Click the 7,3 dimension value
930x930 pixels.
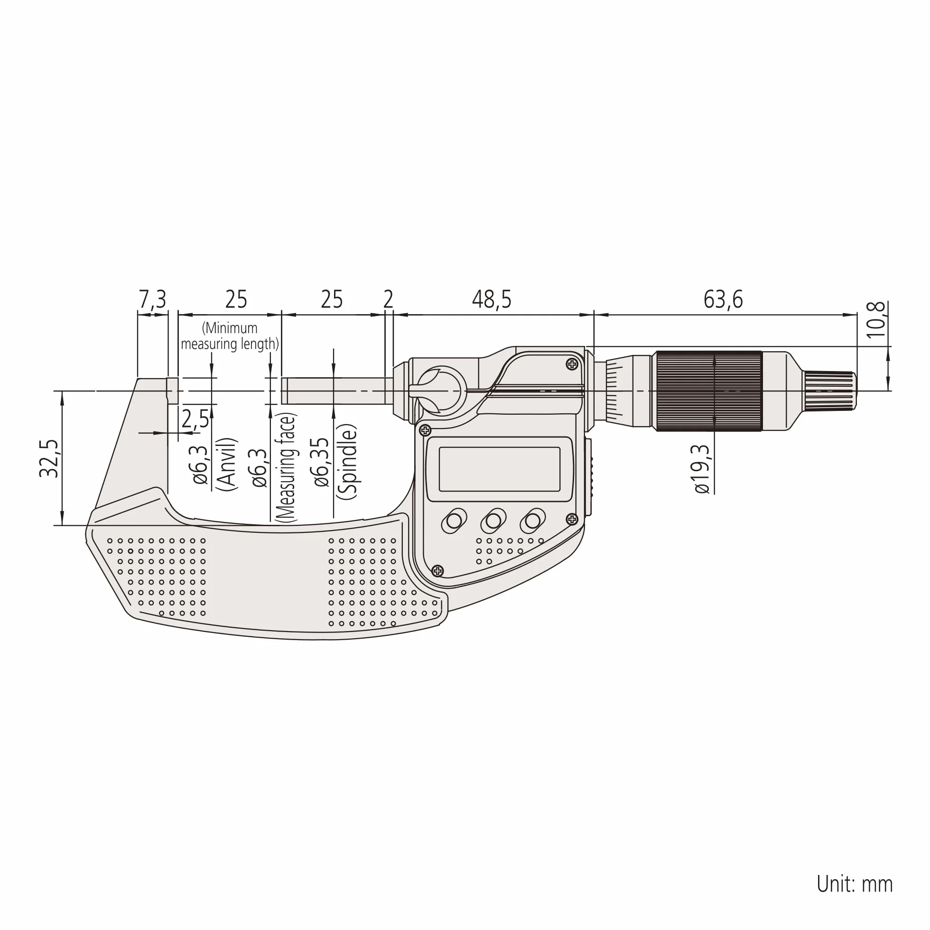(x=152, y=299)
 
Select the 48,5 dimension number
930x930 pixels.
(x=492, y=299)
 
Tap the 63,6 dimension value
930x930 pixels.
(x=723, y=299)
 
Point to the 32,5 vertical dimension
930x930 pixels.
(x=49, y=459)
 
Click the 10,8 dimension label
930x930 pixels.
(x=875, y=320)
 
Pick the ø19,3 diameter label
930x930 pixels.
(x=702, y=469)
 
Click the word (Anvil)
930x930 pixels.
(x=227, y=464)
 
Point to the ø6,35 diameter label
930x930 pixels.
(x=321, y=463)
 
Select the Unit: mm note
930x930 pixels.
(x=855, y=884)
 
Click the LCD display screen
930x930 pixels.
(x=499, y=469)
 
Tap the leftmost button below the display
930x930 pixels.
(x=454, y=521)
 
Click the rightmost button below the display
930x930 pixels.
(x=532, y=521)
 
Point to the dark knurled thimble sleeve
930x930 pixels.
(x=708, y=391)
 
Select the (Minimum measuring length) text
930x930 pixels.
(x=230, y=336)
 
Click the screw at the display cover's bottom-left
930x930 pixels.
(x=437, y=571)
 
